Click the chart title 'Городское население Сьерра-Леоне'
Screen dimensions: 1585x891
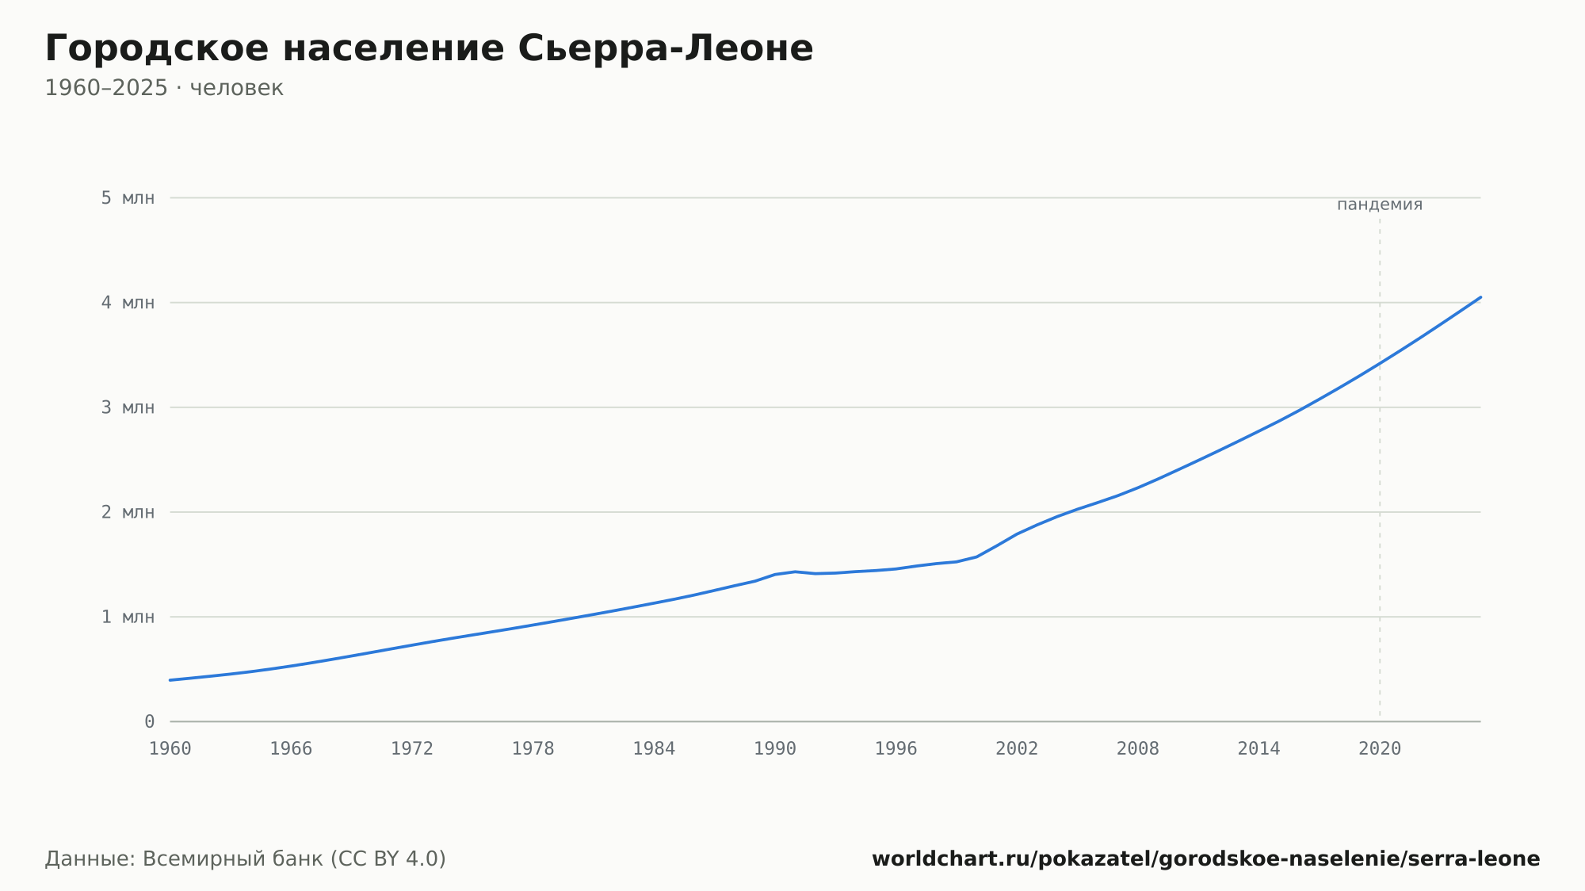point(429,48)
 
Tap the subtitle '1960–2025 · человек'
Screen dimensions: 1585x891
point(164,88)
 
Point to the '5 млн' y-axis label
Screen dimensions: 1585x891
point(128,198)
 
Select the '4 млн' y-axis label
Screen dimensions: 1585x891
point(128,303)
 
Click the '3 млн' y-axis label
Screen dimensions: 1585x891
point(128,407)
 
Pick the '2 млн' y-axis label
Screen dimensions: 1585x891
point(128,512)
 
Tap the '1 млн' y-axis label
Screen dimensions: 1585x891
point(128,617)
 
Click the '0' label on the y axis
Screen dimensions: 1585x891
point(150,721)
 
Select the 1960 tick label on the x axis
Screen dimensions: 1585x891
point(170,749)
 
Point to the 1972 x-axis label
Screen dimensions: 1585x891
point(412,749)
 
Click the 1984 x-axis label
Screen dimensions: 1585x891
point(654,749)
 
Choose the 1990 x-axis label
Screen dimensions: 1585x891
point(775,749)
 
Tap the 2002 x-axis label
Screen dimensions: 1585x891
point(1017,749)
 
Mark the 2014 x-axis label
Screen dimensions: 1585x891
point(1258,749)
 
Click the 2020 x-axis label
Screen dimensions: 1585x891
point(1380,749)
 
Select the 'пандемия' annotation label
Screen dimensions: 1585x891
point(1380,205)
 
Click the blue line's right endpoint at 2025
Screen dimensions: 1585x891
point(1480,297)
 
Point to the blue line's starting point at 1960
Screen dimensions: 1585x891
point(170,680)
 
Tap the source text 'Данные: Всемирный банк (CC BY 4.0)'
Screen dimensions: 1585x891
point(246,859)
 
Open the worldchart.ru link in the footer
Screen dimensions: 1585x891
point(1206,859)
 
